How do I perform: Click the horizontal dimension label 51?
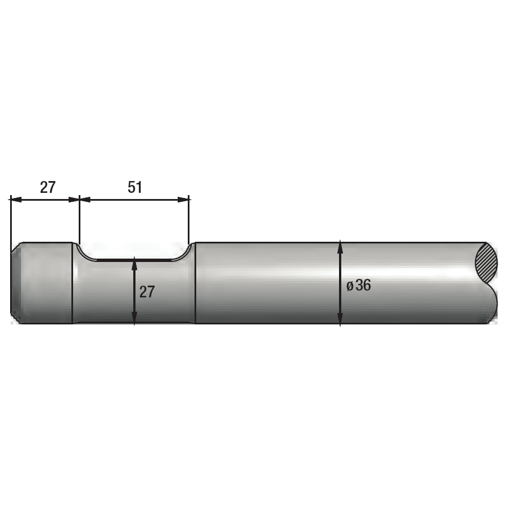tap(135, 187)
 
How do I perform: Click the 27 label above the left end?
tap(48, 187)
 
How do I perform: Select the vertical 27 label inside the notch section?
tap(147, 292)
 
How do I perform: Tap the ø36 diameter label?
tap(359, 286)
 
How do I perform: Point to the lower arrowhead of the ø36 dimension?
tap(340, 318)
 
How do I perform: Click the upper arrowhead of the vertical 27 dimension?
tap(134, 264)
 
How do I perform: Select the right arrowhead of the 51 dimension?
tap(183, 200)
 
